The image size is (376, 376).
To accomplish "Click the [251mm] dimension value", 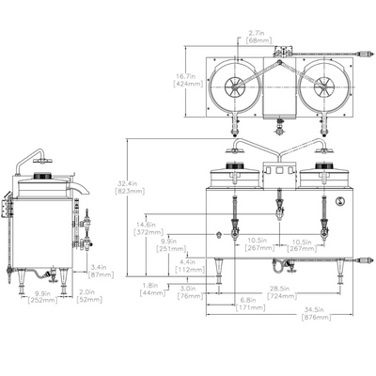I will click(x=169, y=250).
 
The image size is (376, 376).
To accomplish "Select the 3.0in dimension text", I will click(x=189, y=289).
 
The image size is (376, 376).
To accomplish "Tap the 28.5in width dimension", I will click(x=278, y=289).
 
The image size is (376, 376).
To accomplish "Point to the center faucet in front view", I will click(x=278, y=201).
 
